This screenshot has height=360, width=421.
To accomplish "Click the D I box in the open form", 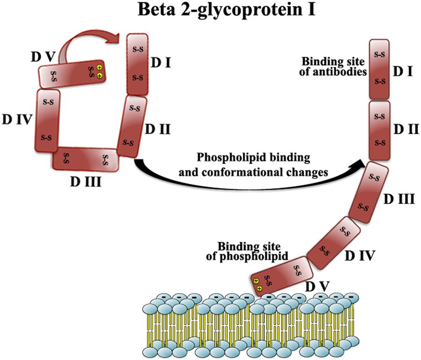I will [x=379, y=69].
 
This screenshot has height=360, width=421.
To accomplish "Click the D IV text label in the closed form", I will [x=16, y=119].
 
